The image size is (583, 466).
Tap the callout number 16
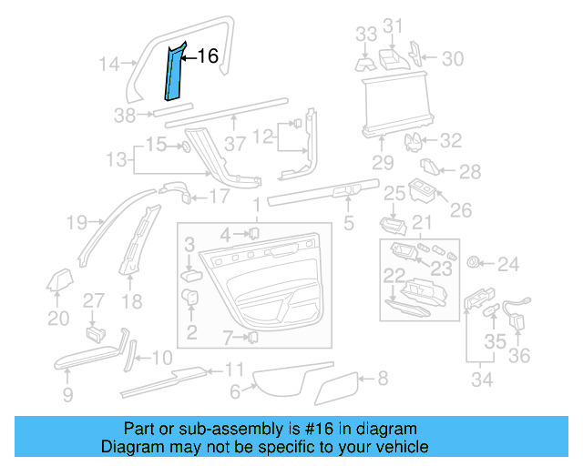tap(208, 57)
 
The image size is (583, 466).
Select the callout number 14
tap(110, 65)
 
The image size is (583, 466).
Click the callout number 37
tap(236, 144)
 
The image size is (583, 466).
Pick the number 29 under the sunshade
tap(382, 163)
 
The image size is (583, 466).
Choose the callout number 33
tap(366, 35)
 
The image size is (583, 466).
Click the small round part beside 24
tap(474, 263)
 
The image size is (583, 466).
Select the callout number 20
tap(58, 318)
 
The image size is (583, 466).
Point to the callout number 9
tap(67, 393)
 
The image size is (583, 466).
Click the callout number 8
tap(383, 377)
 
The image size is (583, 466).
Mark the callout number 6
tap(235, 392)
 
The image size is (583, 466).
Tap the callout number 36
tap(518, 355)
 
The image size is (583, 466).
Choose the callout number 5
tap(347, 221)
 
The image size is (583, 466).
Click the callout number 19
tap(77, 221)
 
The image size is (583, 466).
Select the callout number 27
tap(95, 301)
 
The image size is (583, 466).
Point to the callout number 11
tap(234, 370)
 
